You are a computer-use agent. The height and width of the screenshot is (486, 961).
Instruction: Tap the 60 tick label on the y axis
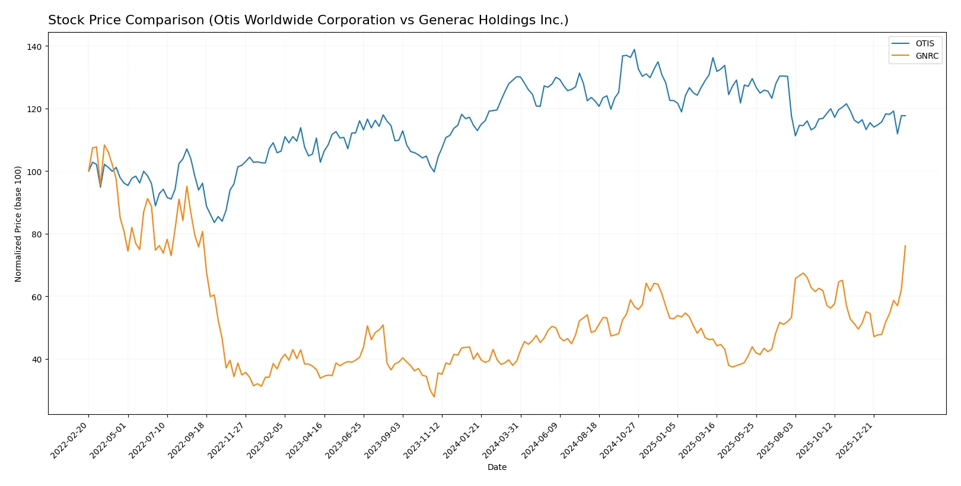click(x=37, y=297)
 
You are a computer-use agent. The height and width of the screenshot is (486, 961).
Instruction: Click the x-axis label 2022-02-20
click(x=70, y=439)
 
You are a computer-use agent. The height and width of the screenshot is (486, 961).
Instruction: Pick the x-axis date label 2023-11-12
click(x=423, y=439)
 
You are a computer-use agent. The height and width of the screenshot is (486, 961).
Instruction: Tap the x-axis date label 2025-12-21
click(x=855, y=439)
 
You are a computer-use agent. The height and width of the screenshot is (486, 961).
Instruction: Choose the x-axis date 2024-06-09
click(x=541, y=439)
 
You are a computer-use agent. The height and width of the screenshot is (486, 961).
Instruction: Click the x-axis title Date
click(x=497, y=467)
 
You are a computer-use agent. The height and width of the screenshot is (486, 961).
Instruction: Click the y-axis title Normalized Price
click(x=18, y=224)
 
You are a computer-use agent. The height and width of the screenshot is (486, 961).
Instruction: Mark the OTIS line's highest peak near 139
click(x=634, y=49)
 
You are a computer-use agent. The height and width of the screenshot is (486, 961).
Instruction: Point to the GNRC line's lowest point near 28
click(x=434, y=396)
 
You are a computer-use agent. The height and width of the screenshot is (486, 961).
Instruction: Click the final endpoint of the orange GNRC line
click(x=905, y=246)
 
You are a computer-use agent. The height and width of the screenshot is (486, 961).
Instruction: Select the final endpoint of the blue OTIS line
click(x=905, y=116)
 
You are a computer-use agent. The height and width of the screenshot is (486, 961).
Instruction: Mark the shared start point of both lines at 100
click(x=89, y=171)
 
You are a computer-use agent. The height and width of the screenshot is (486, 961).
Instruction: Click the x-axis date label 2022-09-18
click(x=187, y=439)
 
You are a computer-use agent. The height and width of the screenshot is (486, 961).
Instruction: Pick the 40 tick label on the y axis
click(x=37, y=359)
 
